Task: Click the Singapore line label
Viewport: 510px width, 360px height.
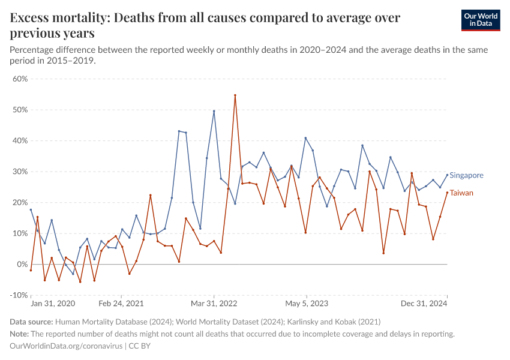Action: click(466, 175)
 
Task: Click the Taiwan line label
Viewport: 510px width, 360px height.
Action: click(461, 193)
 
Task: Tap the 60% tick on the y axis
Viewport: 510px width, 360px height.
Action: click(20, 79)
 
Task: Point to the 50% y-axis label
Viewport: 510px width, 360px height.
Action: click(20, 110)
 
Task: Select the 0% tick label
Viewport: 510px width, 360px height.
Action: click(22, 264)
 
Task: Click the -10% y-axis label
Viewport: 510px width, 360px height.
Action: click(19, 295)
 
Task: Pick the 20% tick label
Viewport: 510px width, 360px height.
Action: click(20, 202)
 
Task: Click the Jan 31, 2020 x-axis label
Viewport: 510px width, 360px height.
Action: click(53, 304)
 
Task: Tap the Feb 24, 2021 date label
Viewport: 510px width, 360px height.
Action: click(122, 304)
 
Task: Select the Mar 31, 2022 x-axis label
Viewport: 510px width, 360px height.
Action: click(214, 304)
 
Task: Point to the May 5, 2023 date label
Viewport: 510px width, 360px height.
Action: click(307, 304)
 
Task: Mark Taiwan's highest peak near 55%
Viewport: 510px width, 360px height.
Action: click(235, 95)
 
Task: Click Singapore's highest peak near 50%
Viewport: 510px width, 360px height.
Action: click(214, 111)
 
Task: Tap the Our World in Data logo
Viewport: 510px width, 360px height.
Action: click(481, 20)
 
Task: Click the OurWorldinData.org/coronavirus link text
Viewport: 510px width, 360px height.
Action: click(66, 346)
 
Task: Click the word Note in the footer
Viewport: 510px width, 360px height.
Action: click(19, 334)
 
